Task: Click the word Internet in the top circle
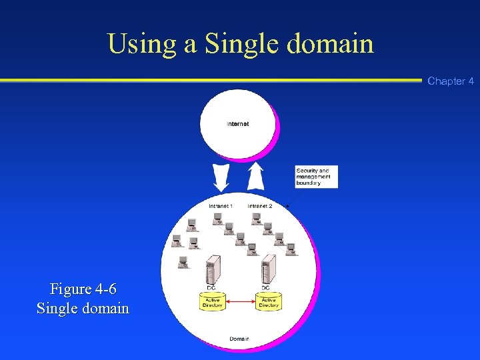[x=238, y=124]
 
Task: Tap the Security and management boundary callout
[x=316, y=177]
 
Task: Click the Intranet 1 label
[x=221, y=206]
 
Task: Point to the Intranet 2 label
[x=260, y=206]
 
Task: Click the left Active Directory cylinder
[x=211, y=302]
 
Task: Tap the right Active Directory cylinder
[x=269, y=302]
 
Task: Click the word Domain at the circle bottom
[x=239, y=339]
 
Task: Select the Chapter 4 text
[x=451, y=81]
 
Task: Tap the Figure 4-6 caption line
[x=83, y=289]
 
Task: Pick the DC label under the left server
[x=211, y=287]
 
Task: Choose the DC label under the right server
[x=266, y=287]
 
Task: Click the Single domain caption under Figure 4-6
[x=83, y=309]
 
